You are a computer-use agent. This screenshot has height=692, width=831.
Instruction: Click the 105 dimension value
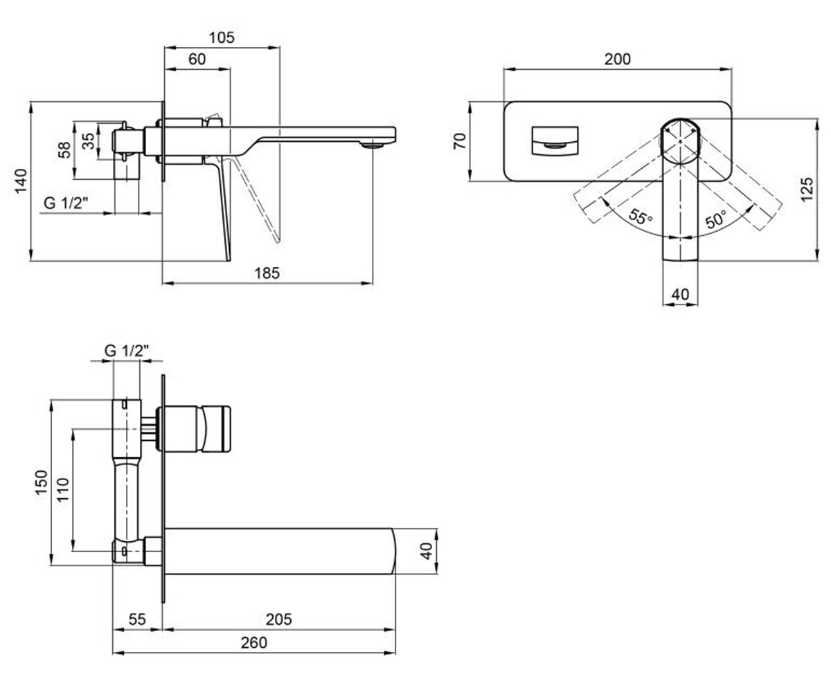coord(222,38)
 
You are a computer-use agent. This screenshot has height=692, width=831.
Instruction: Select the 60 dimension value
coord(197,60)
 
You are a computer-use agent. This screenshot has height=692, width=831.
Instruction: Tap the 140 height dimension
coord(21,181)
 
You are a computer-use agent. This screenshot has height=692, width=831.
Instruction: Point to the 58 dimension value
coord(64,150)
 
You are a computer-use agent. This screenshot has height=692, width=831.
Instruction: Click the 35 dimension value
coord(89,140)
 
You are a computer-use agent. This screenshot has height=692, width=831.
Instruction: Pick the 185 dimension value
coord(267,273)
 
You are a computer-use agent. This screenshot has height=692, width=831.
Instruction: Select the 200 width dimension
coord(617,60)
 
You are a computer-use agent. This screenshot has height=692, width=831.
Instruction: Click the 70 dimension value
coord(460,141)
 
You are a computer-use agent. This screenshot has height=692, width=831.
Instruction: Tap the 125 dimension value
coord(807,190)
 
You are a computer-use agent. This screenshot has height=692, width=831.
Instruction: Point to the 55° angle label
coord(641,217)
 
